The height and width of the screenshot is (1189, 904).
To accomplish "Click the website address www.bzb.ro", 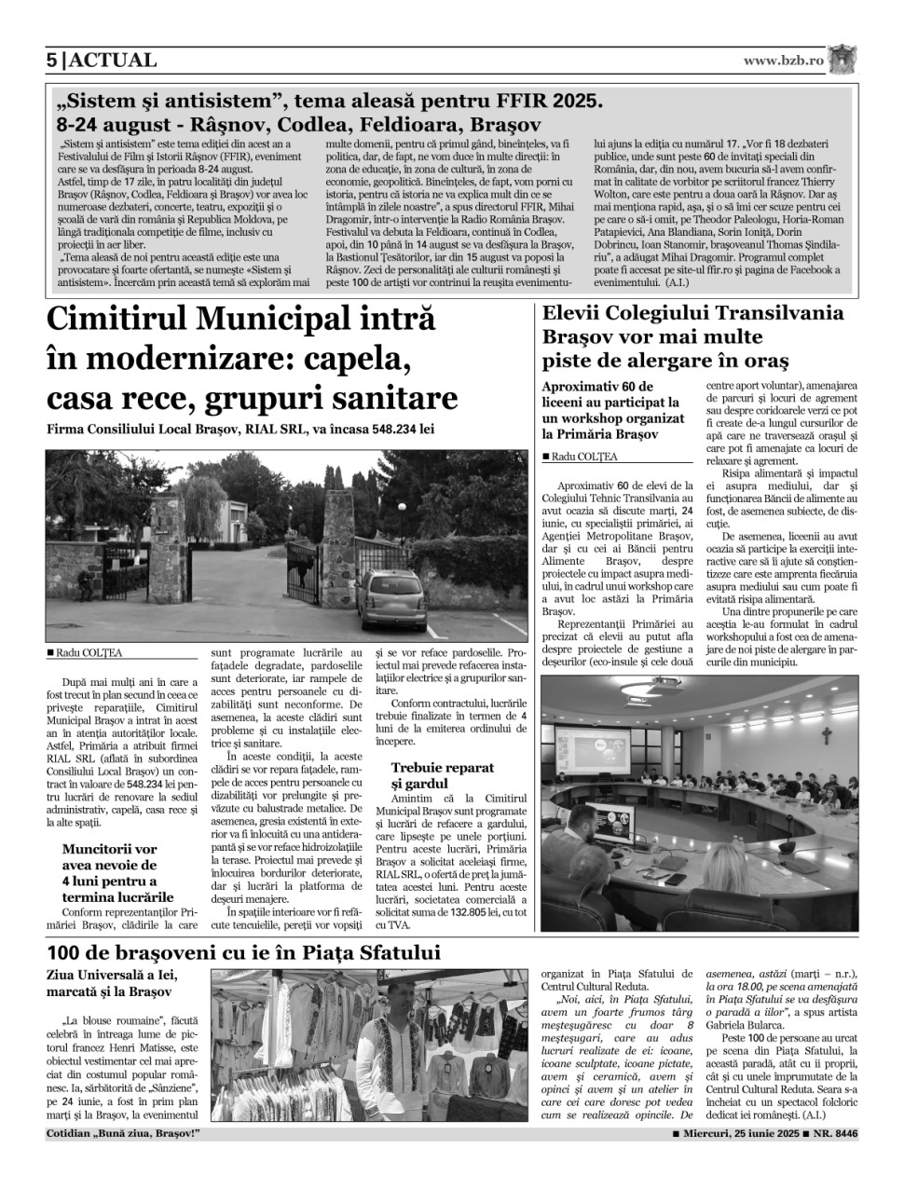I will pos(784,60).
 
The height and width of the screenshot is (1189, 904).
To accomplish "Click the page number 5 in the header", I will pos(52,61).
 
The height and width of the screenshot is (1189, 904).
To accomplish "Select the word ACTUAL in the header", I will pos(113,61).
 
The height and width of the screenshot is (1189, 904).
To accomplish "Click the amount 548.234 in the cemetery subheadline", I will pos(379,430).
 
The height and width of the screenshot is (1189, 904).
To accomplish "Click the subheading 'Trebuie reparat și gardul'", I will pos(443,775).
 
